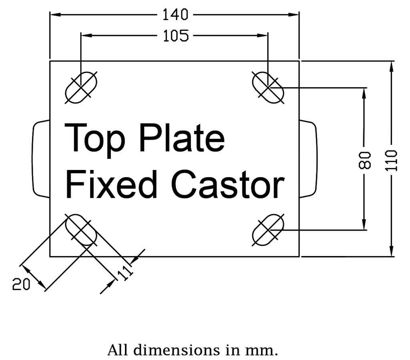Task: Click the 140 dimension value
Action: coord(175,15)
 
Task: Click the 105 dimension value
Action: coord(176,36)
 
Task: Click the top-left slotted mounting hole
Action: coord(81,87)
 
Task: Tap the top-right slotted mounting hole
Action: coord(267,87)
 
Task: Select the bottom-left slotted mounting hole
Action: coord(81,230)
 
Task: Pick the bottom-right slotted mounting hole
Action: coord(267,230)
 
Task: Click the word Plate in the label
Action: coord(181,138)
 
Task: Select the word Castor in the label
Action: coord(228,184)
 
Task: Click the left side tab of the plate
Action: coord(40,159)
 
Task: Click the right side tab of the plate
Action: coord(308,159)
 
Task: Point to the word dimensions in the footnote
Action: coord(178,350)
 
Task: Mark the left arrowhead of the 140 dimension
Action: coord(54,15)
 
